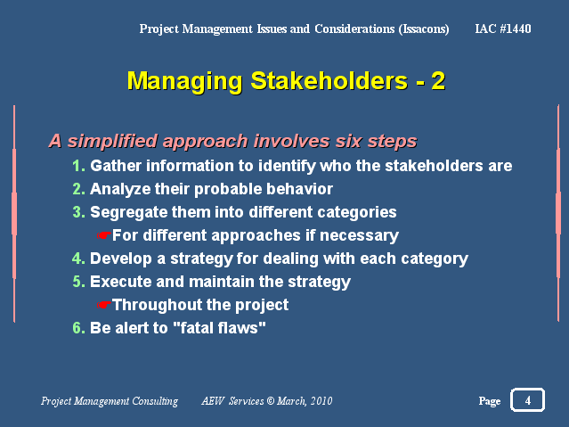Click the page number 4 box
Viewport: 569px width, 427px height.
pyautogui.click(x=527, y=400)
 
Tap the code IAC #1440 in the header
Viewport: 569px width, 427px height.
pyautogui.click(x=503, y=29)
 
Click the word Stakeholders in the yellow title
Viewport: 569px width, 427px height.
pyautogui.click(x=329, y=80)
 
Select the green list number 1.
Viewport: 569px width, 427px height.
pyautogui.click(x=78, y=166)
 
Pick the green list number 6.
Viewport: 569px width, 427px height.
pyautogui.click(x=78, y=328)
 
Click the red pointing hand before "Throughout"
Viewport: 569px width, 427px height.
pyautogui.click(x=104, y=305)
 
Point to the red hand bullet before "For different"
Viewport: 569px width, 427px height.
pyautogui.click(x=104, y=235)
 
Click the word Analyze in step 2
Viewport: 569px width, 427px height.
pyautogui.click(x=120, y=189)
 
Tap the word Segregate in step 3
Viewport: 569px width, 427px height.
pyautogui.click(x=128, y=212)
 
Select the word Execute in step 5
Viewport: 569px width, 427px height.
pyautogui.click(x=121, y=282)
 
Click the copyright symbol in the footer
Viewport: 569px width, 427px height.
pyautogui.click(x=271, y=401)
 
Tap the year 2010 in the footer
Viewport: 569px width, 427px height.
pyautogui.click(x=321, y=401)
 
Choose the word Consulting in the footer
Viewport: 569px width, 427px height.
pyautogui.click(x=155, y=401)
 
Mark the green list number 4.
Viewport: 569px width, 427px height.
pyautogui.click(x=78, y=259)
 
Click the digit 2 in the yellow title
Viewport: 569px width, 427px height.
pyautogui.click(x=438, y=81)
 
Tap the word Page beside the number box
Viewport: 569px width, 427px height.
pyautogui.click(x=490, y=401)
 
